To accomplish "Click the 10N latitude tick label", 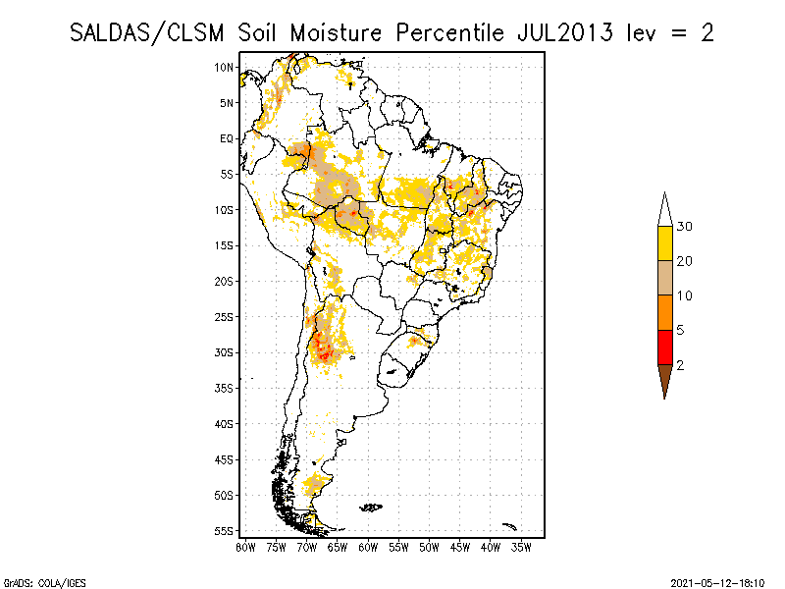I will click(x=225, y=67).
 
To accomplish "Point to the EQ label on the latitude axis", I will click(x=227, y=138).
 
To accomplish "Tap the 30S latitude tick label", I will click(x=225, y=352).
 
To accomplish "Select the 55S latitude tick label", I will click(x=225, y=531).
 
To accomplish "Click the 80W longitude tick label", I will click(x=245, y=547).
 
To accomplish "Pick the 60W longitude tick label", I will click(x=369, y=547).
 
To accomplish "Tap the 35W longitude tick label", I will click(x=523, y=547).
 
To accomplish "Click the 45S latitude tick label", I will click(x=225, y=459).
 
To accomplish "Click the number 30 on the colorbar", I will click(x=685, y=227).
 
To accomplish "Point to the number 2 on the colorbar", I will click(x=680, y=364).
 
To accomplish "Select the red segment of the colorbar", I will click(x=664, y=347).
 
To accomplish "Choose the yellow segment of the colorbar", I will click(x=664, y=243).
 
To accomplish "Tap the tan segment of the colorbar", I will click(x=664, y=278).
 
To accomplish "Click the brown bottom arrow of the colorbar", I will click(x=664, y=380).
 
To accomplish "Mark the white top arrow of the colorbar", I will click(x=664, y=209).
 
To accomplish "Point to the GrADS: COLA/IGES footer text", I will click(x=37, y=581).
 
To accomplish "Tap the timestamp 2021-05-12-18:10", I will click(x=717, y=581).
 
